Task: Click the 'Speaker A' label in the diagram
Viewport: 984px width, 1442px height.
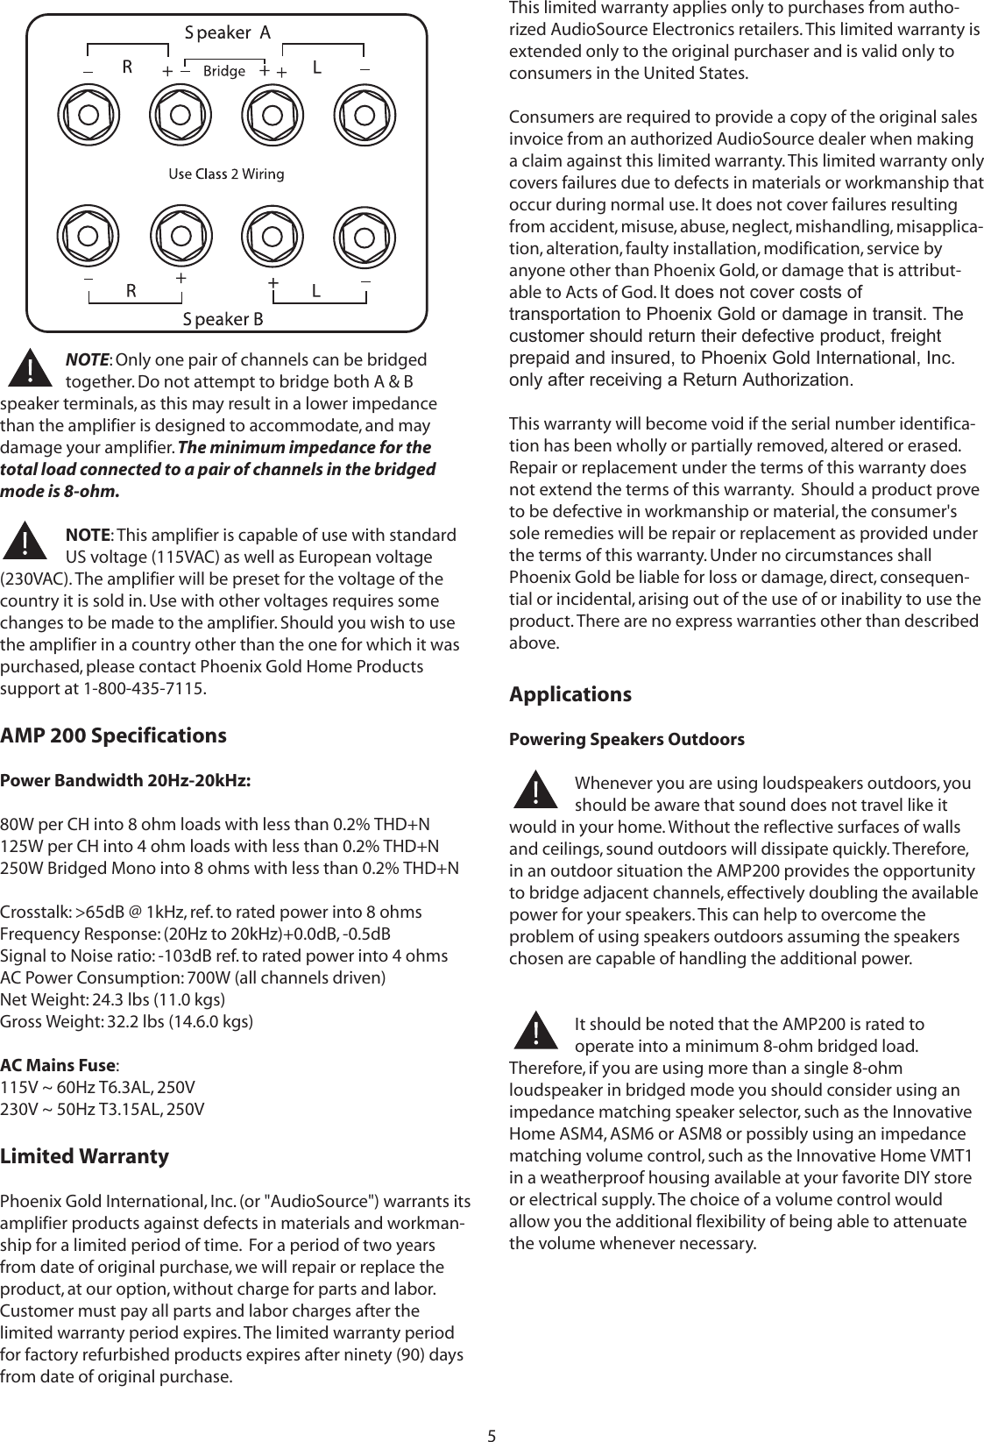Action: (227, 32)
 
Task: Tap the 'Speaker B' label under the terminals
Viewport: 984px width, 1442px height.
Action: (223, 318)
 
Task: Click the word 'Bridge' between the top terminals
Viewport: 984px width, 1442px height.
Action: (223, 71)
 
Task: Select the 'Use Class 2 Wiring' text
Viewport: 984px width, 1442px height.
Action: (226, 174)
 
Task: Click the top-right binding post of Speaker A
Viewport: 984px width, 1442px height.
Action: (365, 115)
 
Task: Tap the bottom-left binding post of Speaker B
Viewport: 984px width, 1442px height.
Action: (88, 235)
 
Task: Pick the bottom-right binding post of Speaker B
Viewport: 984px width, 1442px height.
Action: (365, 235)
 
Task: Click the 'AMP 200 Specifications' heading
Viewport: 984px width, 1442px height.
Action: (113, 735)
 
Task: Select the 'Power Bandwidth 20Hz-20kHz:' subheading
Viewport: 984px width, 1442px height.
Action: (125, 780)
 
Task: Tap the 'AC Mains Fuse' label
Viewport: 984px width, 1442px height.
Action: (58, 1066)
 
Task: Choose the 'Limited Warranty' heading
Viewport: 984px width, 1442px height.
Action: (84, 1155)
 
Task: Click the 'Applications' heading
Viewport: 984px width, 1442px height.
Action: (570, 694)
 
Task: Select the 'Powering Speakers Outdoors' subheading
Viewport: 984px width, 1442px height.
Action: (627, 739)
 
